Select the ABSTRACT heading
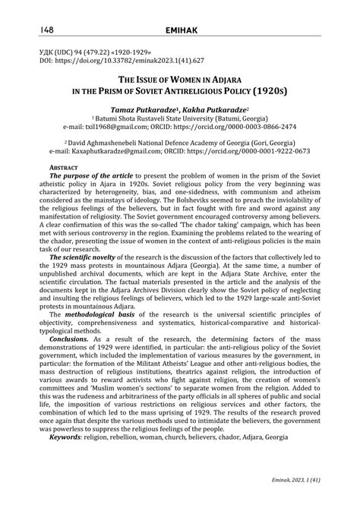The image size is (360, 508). pyautogui.click(x=64, y=167)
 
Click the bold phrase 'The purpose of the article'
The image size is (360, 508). pyautogui.click(x=96, y=176)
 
